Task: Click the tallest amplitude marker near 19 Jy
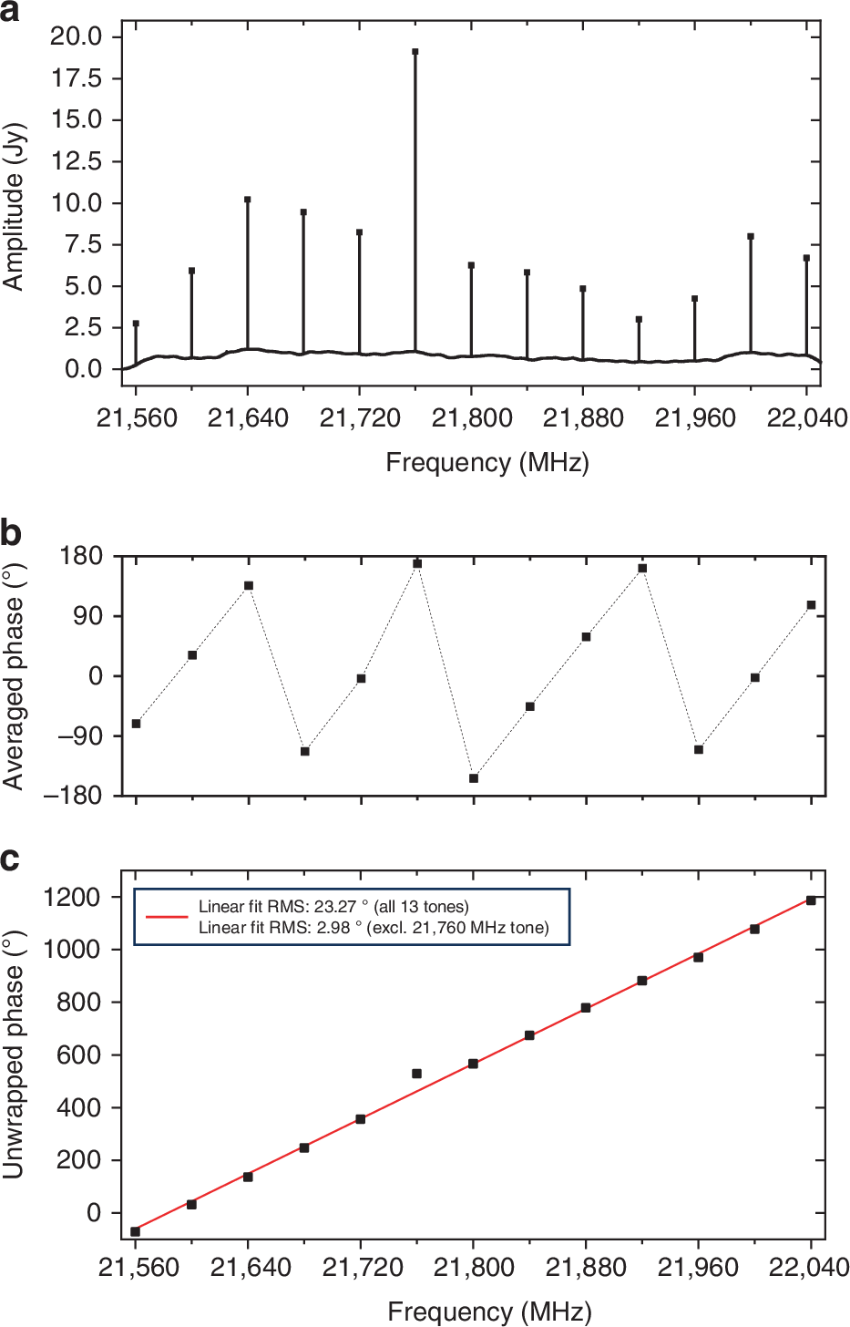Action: pos(415,52)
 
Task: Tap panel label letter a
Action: pos(11,13)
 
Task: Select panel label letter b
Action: pos(11,532)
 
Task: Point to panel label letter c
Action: pos(10,859)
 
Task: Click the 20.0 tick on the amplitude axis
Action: pos(77,36)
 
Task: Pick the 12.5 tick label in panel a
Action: pos(77,161)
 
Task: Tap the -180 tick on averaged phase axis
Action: pos(75,796)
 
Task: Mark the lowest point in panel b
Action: pos(474,778)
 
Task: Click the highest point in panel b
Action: pos(417,564)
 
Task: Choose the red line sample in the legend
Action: pos(167,917)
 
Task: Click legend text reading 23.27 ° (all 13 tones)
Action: pos(333,907)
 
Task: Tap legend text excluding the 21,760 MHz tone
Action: pos(374,928)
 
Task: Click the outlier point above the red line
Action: pos(416,1074)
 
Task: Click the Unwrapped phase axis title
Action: pos(14,1054)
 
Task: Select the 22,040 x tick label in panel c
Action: pos(810,1268)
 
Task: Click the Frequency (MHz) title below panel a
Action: pos(487,463)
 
